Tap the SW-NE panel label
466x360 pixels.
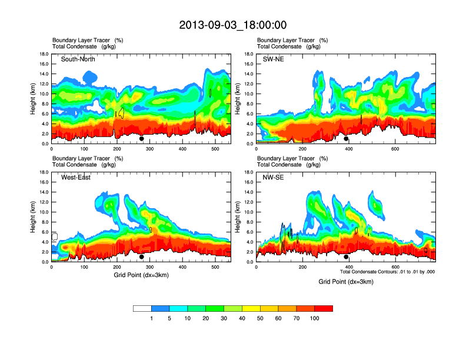273,59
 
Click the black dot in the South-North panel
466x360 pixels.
142,139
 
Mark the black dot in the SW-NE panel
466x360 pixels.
346,139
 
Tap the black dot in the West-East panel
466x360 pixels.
142,257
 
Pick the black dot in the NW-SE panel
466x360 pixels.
346,257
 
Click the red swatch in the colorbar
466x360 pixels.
324,308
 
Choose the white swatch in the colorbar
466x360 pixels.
142,308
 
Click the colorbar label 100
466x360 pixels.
315,318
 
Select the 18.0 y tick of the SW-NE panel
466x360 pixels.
249,54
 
